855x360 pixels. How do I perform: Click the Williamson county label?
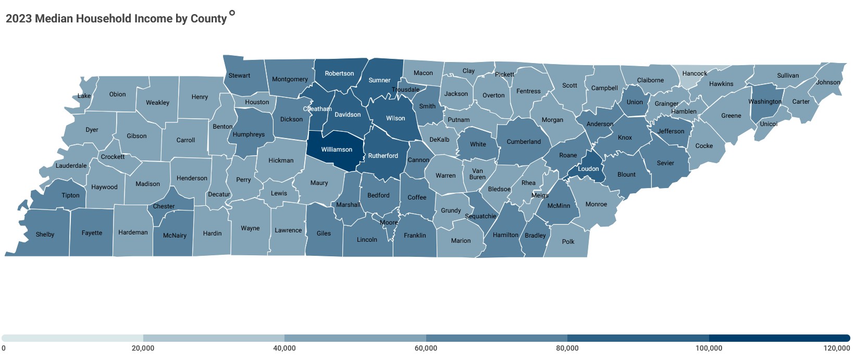pyautogui.click(x=337, y=150)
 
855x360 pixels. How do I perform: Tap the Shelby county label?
pyautogui.click(x=45, y=234)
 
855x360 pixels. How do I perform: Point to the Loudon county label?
pyautogui.click(x=588, y=169)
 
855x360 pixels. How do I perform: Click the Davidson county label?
pyautogui.click(x=348, y=115)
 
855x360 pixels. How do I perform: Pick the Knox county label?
pyautogui.click(x=625, y=138)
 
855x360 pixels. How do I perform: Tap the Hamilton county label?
pyautogui.click(x=505, y=235)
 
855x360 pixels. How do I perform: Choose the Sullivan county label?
pyautogui.click(x=788, y=76)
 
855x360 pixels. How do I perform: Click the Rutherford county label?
pyautogui.click(x=383, y=156)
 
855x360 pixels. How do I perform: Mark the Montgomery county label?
pyautogui.click(x=290, y=79)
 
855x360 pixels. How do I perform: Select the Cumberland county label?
pyautogui.click(x=524, y=142)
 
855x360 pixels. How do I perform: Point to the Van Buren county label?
pyautogui.click(x=477, y=174)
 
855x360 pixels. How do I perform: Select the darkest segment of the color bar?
pyautogui.click(x=779, y=338)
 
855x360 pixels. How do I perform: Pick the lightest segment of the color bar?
pyautogui.click(x=72, y=338)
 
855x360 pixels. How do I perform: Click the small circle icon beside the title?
pyautogui.click(x=232, y=13)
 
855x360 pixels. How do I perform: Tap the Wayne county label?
pyautogui.click(x=250, y=228)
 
